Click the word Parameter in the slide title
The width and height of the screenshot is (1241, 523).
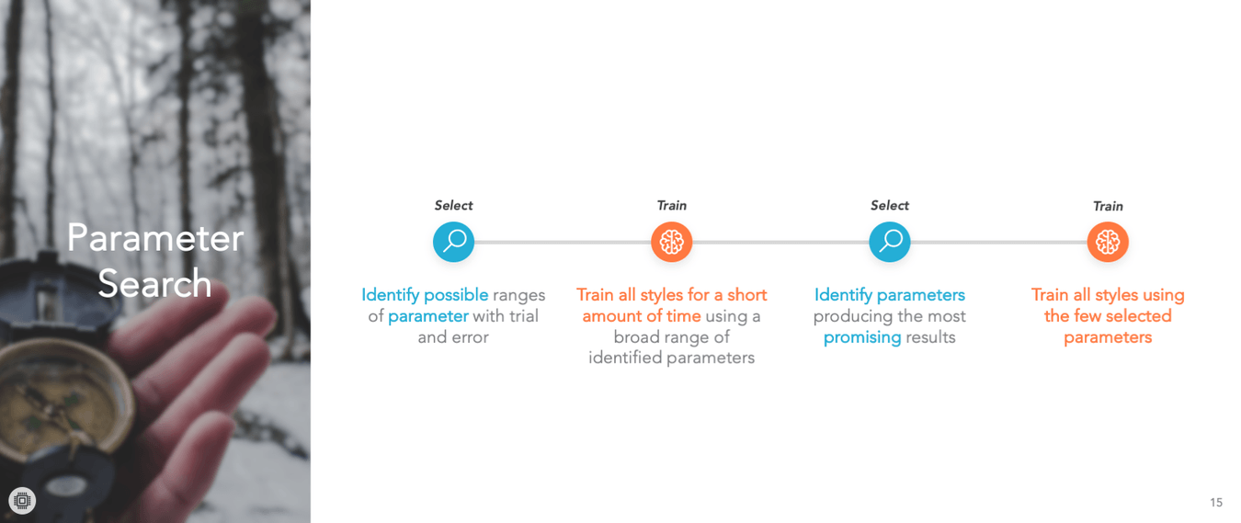point(155,239)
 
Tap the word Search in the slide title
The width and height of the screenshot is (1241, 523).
point(155,283)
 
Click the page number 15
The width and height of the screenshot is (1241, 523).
point(1216,503)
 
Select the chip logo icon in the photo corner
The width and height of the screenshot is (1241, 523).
point(22,501)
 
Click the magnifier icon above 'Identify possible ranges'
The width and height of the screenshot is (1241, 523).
point(454,242)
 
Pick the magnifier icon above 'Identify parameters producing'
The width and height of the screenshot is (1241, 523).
point(890,242)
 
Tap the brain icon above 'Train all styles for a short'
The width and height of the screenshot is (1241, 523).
point(671,242)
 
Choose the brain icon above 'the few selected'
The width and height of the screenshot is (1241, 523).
point(1108,242)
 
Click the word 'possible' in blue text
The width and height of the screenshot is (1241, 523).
point(456,295)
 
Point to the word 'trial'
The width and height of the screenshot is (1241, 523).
point(524,316)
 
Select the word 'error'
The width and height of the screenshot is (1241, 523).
point(471,337)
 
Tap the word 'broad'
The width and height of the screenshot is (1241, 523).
point(635,336)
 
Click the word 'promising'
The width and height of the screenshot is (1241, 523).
point(862,338)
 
